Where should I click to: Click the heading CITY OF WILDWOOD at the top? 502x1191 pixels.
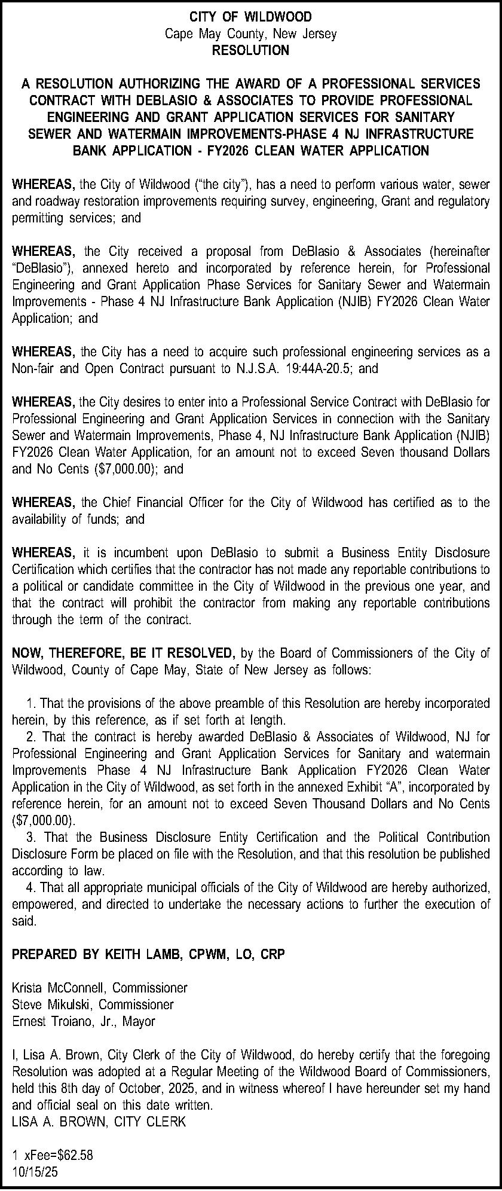tap(250, 17)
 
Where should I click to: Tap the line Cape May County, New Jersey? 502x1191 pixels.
tap(250, 33)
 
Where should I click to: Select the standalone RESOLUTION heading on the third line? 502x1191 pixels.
tap(250, 50)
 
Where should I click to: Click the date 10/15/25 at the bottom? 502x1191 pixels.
tap(35, 1172)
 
